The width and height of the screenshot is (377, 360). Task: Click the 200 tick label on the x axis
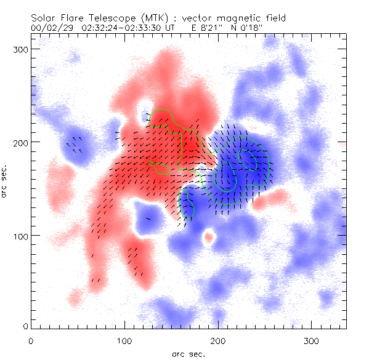[x=218, y=340]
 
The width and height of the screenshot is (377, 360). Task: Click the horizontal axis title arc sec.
[x=188, y=354]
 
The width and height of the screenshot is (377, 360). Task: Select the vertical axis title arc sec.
[x=5, y=182]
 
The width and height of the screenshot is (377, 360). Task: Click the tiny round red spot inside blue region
[x=209, y=236]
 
